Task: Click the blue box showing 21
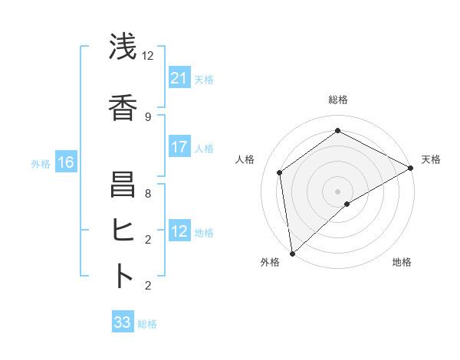179,78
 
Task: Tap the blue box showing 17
179,147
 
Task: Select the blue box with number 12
179,231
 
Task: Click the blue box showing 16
66,162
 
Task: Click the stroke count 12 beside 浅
148,55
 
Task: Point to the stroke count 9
148,116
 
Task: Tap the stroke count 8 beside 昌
148,193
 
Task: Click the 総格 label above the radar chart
337,100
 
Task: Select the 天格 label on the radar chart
431,159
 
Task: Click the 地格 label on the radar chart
402,262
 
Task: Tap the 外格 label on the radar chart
269,262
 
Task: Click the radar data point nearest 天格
411,168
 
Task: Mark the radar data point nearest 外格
292,254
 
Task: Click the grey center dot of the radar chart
337,191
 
